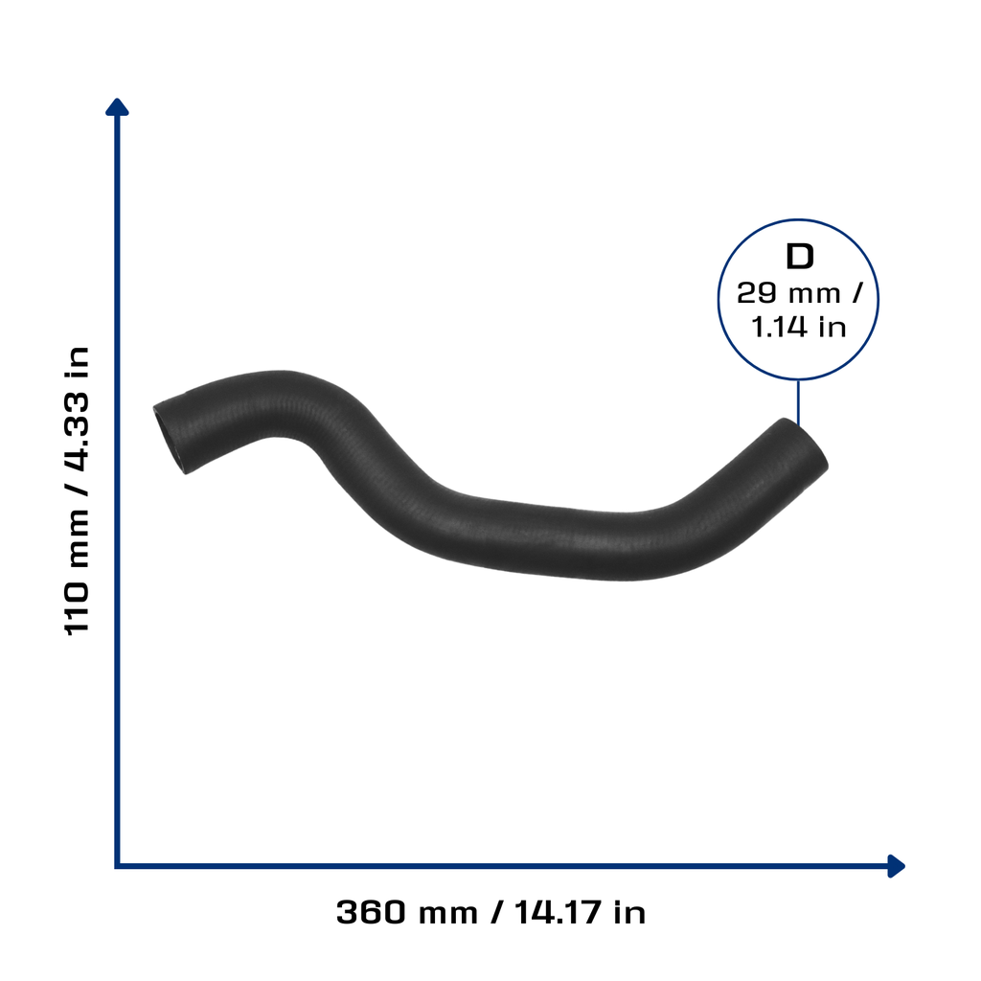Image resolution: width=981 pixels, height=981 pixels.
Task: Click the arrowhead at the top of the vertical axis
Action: [117, 107]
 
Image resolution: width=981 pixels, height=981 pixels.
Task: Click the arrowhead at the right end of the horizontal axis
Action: [896, 866]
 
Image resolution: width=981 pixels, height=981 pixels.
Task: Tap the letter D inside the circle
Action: [800, 257]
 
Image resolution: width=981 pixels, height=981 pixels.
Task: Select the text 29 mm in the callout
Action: [788, 293]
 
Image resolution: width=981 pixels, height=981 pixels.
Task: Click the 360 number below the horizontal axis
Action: [371, 912]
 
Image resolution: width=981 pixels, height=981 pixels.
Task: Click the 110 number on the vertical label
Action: [77, 608]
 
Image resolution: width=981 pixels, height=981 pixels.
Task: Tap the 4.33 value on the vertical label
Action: [77, 431]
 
